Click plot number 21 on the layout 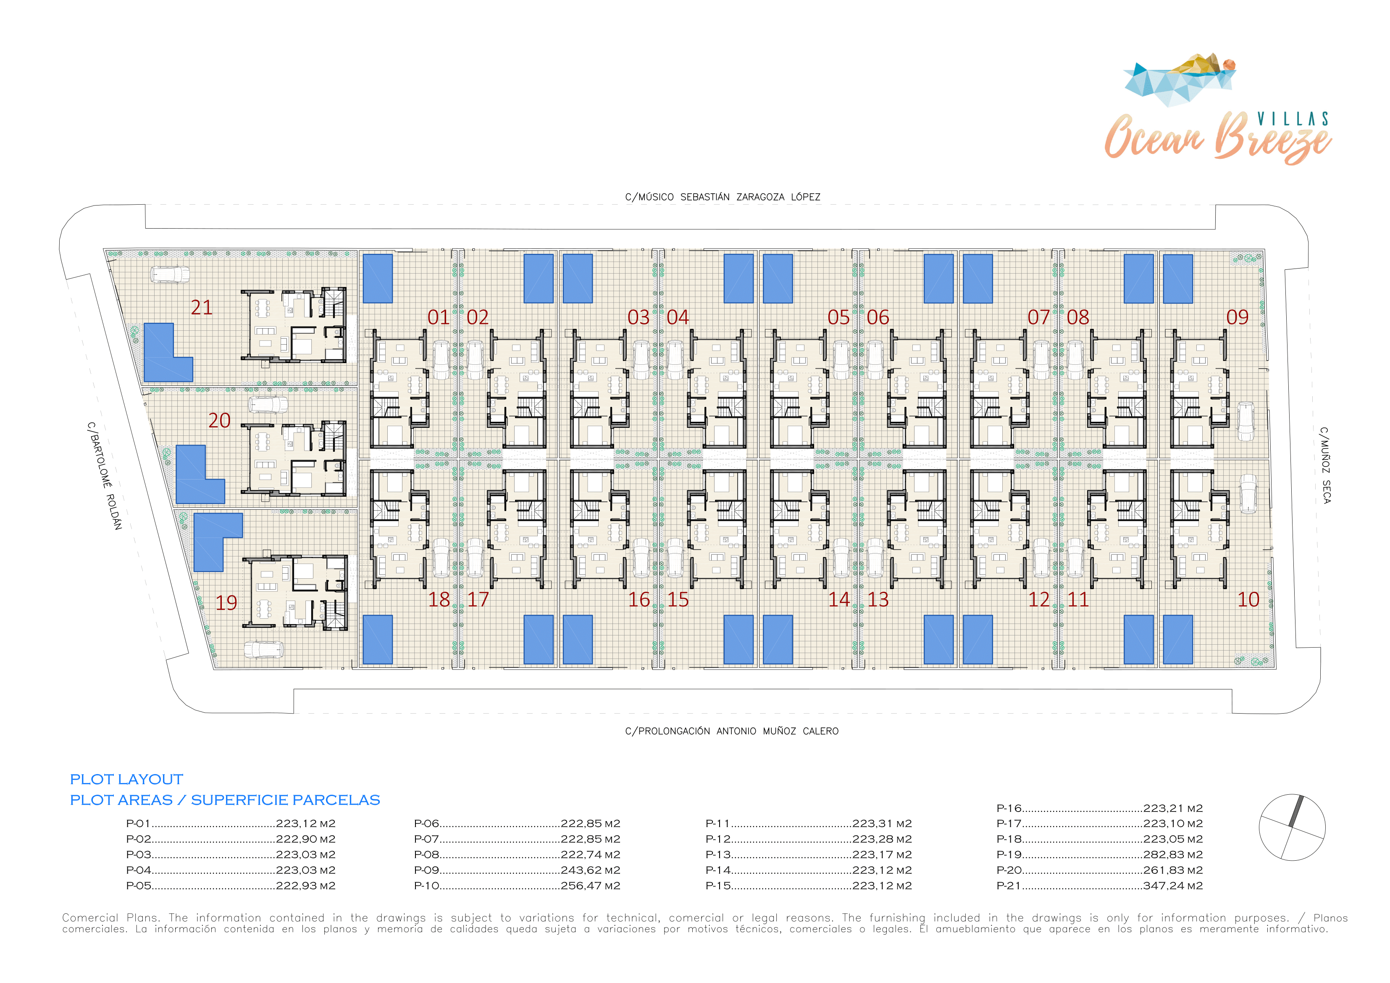[x=202, y=308]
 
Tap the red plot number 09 [x=1238, y=317]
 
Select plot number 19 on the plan [x=226, y=603]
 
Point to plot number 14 [x=839, y=600]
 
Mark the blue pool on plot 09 [x=1177, y=279]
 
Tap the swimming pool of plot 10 [x=1177, y=640]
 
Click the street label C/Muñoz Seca [x=1325, y=465]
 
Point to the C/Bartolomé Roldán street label [x=104, y=476]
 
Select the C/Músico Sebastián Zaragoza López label [x=723, y=197]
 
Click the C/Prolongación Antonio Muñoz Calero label [x=732, y=731]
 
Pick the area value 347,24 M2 [x=1173, y=885]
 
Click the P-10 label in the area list [x=427, y=885]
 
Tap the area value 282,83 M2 [x=1173, y=854]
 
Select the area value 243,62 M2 [x=590, y=870]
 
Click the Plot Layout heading [x=126, y=780]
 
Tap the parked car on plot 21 [x=170, y=275]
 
